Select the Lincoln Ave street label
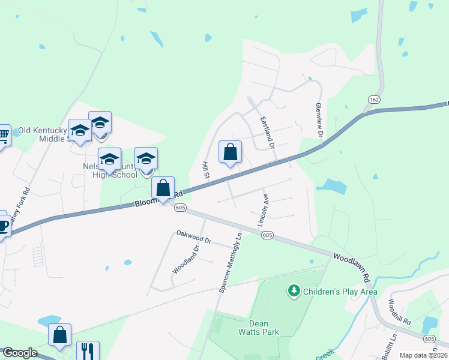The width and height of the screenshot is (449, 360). pos(262,209)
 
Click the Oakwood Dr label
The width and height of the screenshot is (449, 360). pos(194,237)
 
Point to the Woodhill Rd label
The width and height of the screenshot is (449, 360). pos(399,312)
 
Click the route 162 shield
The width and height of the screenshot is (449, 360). pos(375,98)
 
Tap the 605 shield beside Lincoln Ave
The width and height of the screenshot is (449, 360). pos(268,236)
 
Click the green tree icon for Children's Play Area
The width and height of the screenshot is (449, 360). pos(294,292)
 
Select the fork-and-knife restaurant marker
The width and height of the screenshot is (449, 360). pos(88,350)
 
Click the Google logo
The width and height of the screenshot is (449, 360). pos(20,353)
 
